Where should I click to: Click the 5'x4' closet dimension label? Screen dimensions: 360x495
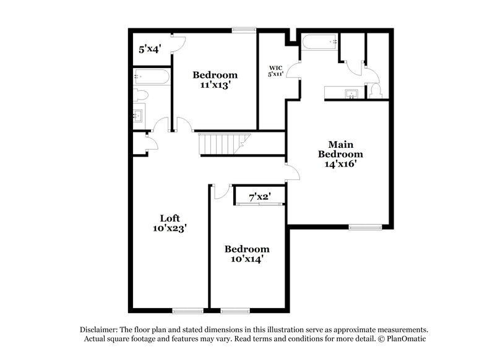[150, 49]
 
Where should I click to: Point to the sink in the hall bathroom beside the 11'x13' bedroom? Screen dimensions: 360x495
[139, 115]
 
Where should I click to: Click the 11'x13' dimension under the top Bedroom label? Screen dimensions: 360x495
[215, 86]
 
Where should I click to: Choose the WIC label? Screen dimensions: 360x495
[275, 68]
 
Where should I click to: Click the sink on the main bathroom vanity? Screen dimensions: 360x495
[352, 94]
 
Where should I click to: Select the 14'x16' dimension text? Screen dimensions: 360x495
[340, 165]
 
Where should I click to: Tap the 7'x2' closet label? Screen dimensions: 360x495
[259, 198]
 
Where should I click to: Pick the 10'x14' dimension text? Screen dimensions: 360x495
[247, 259]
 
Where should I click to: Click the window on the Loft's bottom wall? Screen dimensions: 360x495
[187, 310]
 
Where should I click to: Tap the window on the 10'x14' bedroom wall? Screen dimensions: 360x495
[232, 310]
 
